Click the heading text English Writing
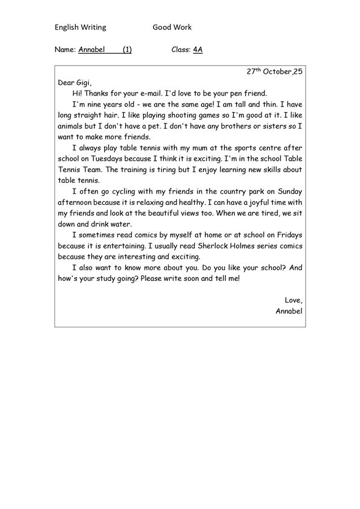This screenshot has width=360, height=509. (x=80, y=27)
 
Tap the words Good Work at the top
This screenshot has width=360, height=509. (x=172, y=27)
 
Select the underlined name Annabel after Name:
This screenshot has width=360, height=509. (x=92, y=49)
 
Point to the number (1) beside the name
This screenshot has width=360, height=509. (x=127, y=49)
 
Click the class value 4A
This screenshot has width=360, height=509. (x=198, y=49)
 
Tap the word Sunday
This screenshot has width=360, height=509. (x=289, y=191)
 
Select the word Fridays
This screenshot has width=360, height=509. (x=288, y=235)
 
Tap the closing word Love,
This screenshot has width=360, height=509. (x=293, y=300)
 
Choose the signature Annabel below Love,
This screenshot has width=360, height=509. (x=289, y=311)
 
